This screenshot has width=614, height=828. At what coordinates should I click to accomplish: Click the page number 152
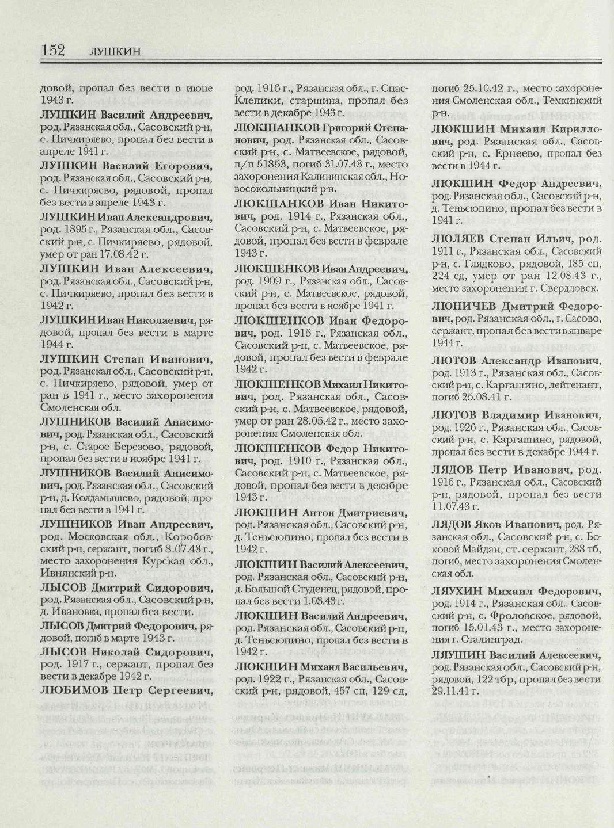click(52, 50)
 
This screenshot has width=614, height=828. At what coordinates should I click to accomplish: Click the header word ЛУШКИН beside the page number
click(115, 52)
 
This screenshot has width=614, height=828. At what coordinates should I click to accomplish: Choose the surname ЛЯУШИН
click(458, 655)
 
